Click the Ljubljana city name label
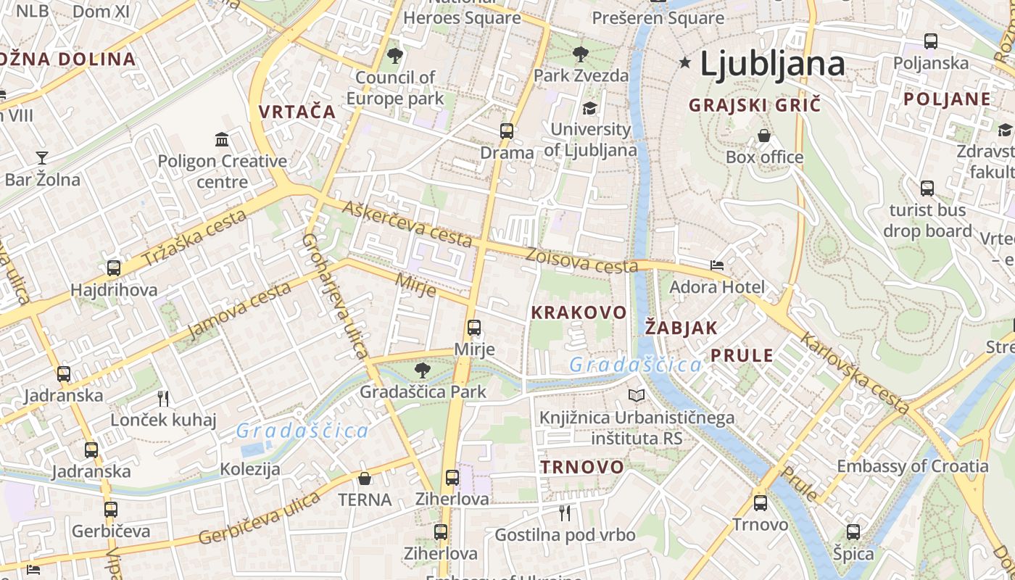pyautogui.click(x=772, y=65)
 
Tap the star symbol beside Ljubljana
pyautogui.click(x=684, y=63)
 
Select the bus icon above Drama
pyautogui.click(x=507, y=131)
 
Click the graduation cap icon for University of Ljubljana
pyautogui.click(x=589, y=109)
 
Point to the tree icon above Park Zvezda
pyautogui.click(x=580, y=54)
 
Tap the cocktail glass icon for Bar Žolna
pyautogui.click(x=42, y=157)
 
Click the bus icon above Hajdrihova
pyautogui.click(x=114, y=268)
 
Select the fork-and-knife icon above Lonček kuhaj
pyautogui.click(x=163, y=398)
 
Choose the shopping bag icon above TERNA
pyautogui.click(x=365, y=478)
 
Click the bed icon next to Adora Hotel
pyautogui.click(x=717, y=265)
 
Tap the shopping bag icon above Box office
pyautogui.click(x=764, y=136)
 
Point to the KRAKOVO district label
pyautogui.click(x=579, y=312)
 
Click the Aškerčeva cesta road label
pyautogui.click(x=407, y=224)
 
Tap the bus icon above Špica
pyautogui.click(x=853, y=532)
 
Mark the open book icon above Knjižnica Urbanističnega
pyautogui.click(x=637, y=396)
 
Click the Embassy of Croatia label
pyautogui.click(x=913, y=465)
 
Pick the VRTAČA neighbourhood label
pyautogui.click(x=297, y=112)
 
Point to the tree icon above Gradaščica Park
pyautogui.click(x=423, y=370)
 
